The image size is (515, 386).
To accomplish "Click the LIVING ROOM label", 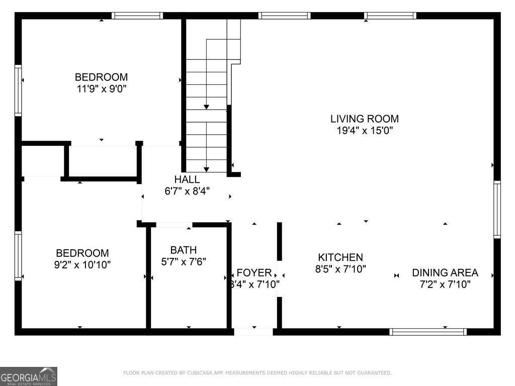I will click(364, 119).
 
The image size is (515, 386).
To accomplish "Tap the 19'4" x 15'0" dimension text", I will click(364, 131).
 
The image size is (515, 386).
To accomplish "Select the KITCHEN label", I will click(340, 257).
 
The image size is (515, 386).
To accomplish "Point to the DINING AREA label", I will click(445, 273).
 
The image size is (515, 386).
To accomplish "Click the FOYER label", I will click(254, 273).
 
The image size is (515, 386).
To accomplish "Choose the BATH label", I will click(183, 250).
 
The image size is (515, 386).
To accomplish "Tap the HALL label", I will click(187, 179).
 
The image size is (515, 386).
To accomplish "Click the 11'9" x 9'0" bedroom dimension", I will click(101, 89).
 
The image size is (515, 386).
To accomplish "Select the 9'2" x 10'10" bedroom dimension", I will click(82, 265).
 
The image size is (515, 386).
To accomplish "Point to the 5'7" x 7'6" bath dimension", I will click(183, 261).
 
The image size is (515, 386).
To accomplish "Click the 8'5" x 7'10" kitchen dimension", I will click(340, 269).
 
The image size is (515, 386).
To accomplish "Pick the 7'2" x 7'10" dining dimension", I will click(445, 284).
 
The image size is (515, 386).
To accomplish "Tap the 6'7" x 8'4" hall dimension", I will click(187, 191).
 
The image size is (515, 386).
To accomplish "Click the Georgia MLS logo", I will click(29, 376).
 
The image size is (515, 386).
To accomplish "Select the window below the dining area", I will click(428, 332).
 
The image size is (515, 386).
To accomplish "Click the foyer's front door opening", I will click(253, 332).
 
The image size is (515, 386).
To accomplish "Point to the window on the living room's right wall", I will click(497, 209).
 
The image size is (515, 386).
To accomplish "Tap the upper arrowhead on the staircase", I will click(206, 107).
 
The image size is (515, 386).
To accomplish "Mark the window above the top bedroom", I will click(137, 16).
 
